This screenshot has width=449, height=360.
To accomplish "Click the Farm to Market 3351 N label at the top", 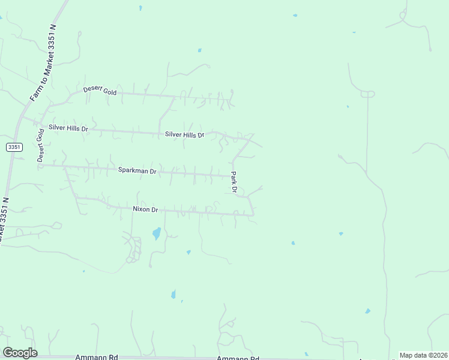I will click(x=43, y=63).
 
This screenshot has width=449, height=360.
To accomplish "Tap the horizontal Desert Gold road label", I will click(x=100, y=91).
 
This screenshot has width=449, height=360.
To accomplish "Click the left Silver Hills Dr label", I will click(x=68, y=128).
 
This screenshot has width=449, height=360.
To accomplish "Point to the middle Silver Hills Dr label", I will click(x=185, y=135).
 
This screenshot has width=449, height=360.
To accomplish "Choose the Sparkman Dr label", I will click(x=137, y=171).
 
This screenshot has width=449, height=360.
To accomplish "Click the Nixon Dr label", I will click(x=145, y=209).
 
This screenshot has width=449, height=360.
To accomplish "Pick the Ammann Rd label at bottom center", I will click(x=238, y=358).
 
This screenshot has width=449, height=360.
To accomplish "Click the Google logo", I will click(x=20, y=353).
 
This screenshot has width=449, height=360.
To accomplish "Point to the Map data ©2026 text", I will click(x=423, y=355).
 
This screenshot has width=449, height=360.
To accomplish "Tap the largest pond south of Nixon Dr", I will click(x=157, y=233).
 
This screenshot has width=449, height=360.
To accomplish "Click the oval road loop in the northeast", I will click(x=367, y=94).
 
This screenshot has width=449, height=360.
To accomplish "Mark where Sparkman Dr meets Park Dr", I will click(x=232, y=176).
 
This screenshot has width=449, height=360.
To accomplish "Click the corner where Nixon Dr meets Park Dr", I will click(x=253, y=215).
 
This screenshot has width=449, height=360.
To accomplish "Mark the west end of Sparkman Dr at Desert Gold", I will click(x=41, y=164).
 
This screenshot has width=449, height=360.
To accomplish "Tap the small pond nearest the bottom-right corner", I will click(x=367, y=311).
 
